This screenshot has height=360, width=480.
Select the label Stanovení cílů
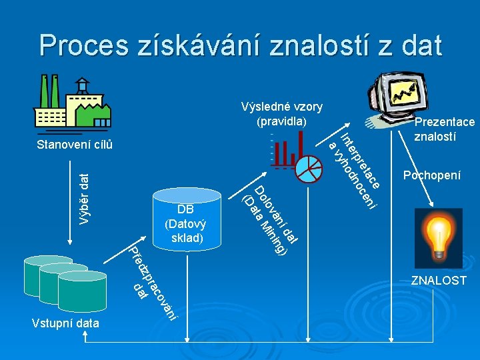click(x=75, y=145)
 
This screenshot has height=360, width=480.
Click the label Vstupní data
click(x=65, y=323)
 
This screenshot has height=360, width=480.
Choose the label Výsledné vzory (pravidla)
click(x=281, y=114)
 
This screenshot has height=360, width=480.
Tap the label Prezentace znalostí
click(x=444, y=129)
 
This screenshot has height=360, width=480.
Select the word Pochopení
click(x=431, y=175)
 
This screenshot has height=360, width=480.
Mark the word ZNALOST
click(x=438, y=280)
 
